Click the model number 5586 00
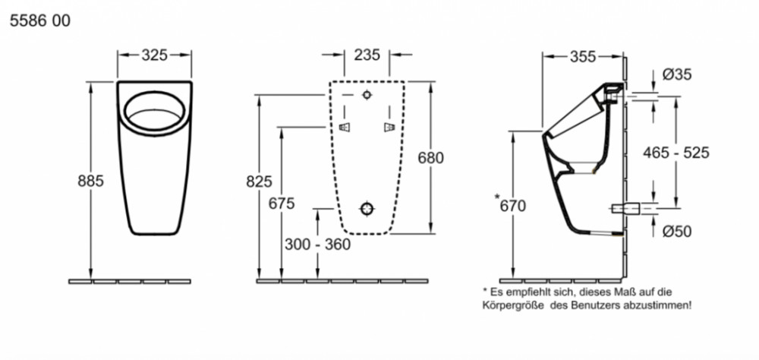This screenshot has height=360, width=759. [x=40, y=21]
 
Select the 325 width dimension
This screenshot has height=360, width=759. [x=155, y=55]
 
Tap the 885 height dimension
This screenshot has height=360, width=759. [x=90, y=182]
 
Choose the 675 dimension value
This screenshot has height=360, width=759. [x=282, y=203]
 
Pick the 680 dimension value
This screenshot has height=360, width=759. [x=430, y=157]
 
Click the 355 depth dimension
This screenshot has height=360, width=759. [x=582, y=55]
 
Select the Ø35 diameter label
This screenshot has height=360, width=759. [x=676, y=74]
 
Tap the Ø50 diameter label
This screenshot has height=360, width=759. [x=676, y=232]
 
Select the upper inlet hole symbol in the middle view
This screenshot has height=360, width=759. [x=367, y=96]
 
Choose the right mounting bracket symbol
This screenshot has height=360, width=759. [x=389, y=126]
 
